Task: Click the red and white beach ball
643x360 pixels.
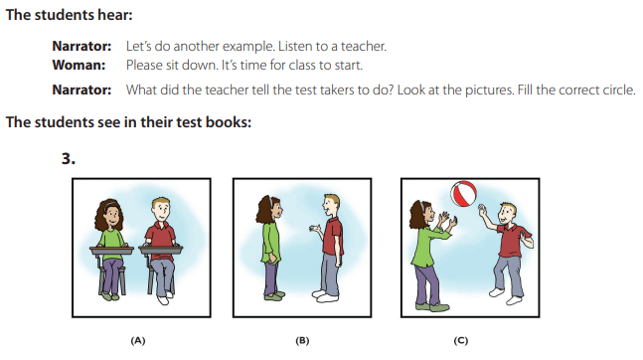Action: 463,195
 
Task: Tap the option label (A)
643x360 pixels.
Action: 138,341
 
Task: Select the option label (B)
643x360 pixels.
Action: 302,341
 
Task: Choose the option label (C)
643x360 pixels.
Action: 461,341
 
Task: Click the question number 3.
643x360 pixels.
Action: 69,158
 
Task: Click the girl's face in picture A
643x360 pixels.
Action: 111,213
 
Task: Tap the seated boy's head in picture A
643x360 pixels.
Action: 161,210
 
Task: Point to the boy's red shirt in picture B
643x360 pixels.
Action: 333,239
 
